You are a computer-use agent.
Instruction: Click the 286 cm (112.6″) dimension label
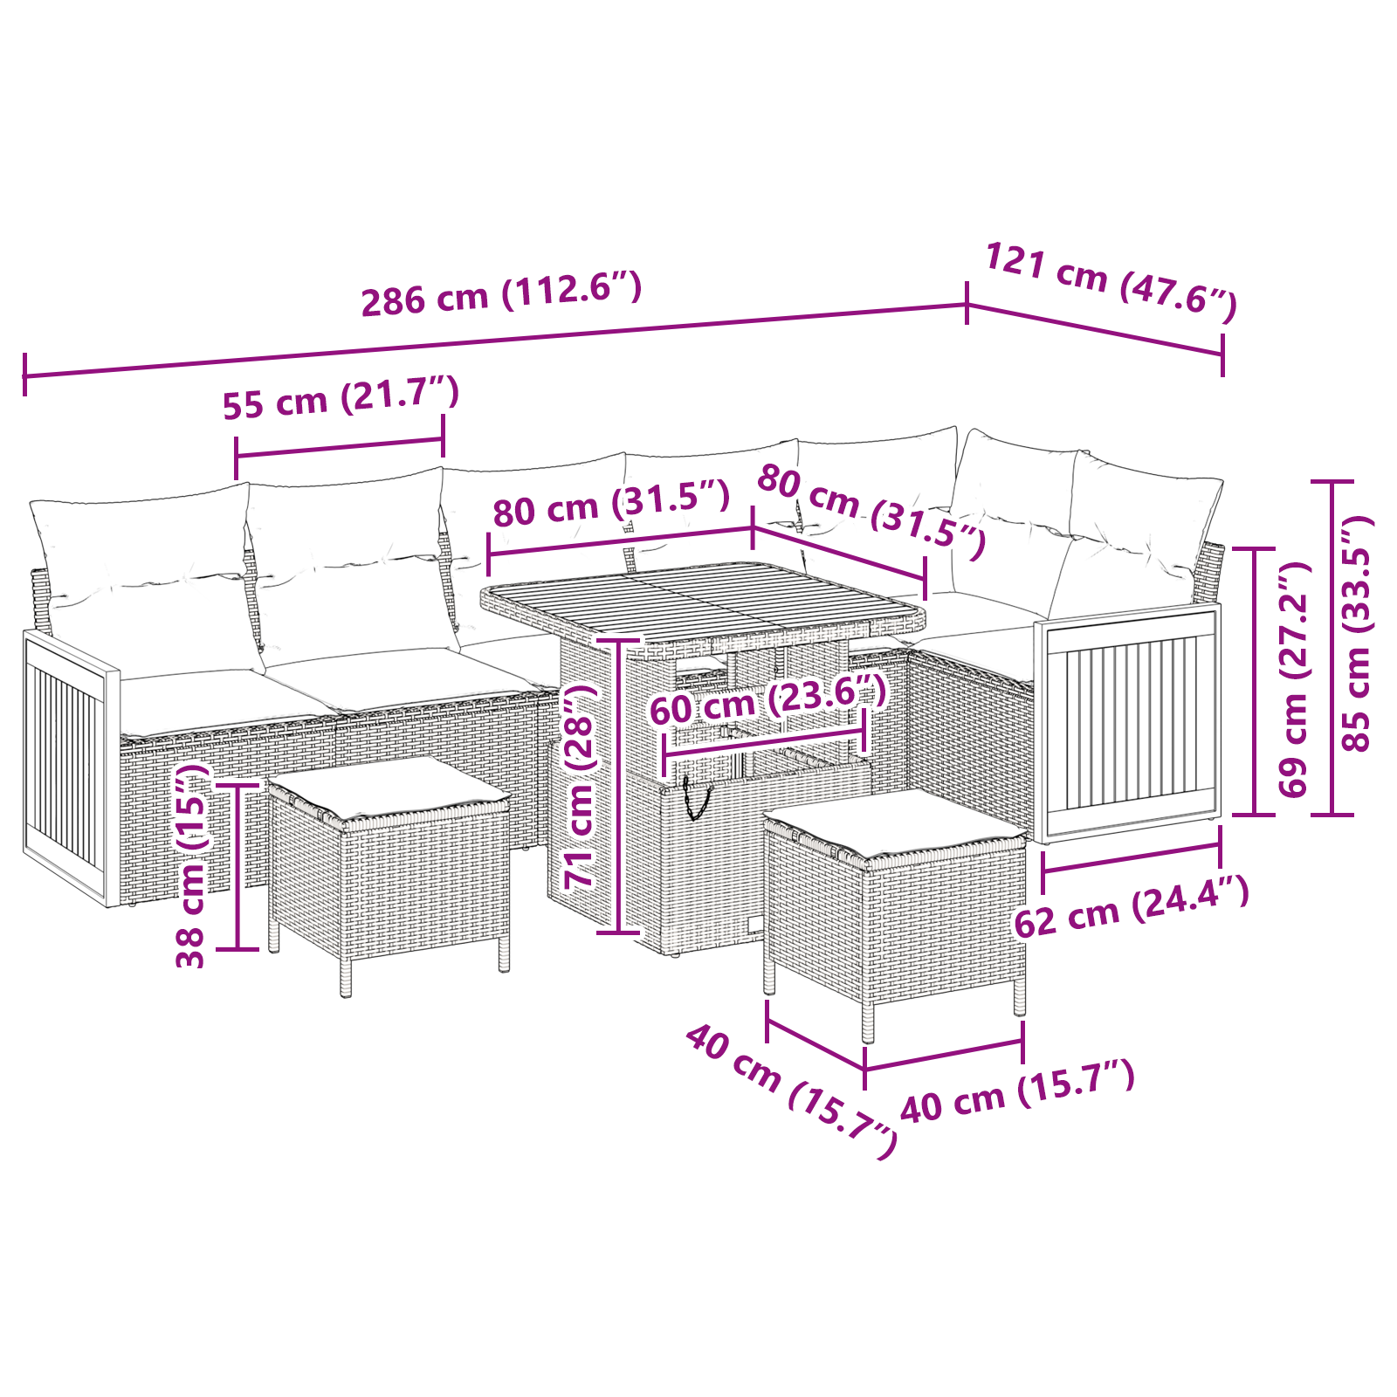point(502,294)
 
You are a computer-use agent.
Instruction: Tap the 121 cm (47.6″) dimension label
point(1111,282)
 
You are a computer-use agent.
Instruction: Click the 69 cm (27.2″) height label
point(1294,679)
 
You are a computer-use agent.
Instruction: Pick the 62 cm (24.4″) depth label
point(1132,908)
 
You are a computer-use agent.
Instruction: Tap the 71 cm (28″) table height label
point(581,787)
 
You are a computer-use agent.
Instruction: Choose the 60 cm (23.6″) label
point(768,699)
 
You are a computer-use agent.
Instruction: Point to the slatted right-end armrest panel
point(1127,724)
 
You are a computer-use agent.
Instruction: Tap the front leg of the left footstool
point(346,978)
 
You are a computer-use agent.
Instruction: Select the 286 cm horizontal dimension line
point(495,341)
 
